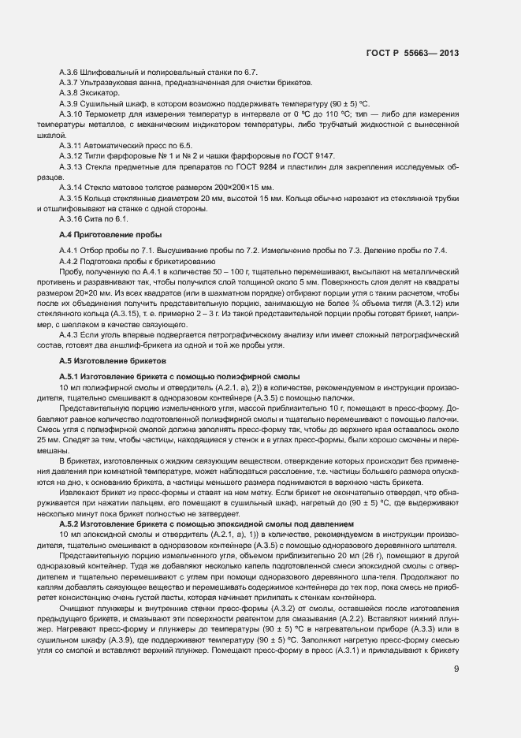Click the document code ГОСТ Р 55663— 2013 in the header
coord(412,54)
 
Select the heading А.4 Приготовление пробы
coord(111,235)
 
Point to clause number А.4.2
coord(70,260)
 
